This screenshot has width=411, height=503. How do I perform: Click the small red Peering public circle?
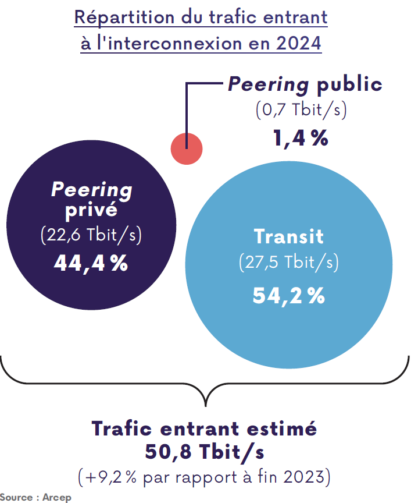(186, 148)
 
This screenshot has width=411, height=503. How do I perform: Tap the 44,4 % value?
(91, 263)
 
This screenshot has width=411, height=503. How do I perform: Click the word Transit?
(289, 237)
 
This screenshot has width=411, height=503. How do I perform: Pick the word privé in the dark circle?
(91, 210)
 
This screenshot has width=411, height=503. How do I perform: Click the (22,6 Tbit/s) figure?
(91, 235)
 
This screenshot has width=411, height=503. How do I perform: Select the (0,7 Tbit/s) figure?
(301, 110)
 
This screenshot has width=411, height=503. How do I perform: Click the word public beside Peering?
(349, 84)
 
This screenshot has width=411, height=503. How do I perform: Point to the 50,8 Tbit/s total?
(205, 451)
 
